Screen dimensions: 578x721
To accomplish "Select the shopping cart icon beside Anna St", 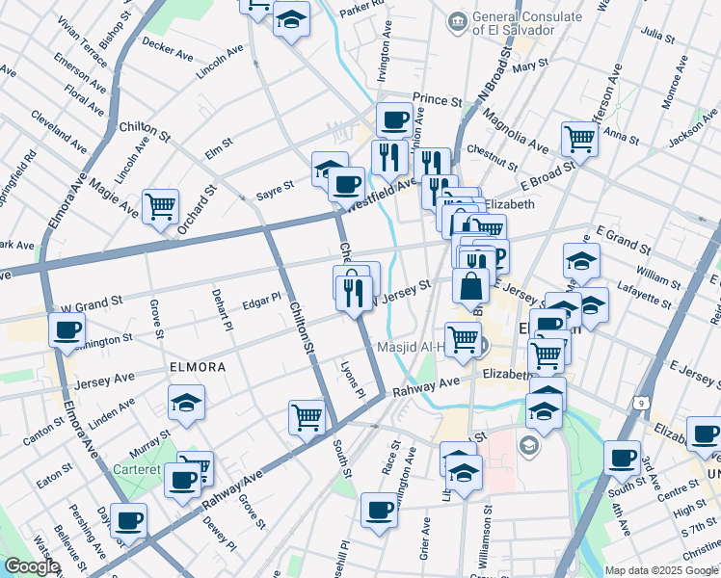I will click(x=579, y=139).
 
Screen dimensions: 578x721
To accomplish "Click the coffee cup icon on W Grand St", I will click(x=67, y=330).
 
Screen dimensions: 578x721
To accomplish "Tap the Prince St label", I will click(x=432, y=99).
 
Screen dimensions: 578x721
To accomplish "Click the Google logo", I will click(x=31, y=566).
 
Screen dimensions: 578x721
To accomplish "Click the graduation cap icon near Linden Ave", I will click(x=186, y=404).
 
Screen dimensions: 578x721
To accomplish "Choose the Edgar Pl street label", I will click(x=261, y=299).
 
